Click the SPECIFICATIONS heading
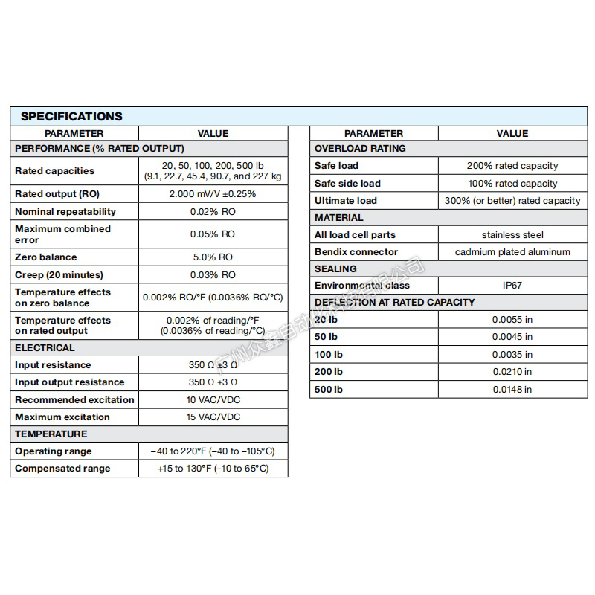pyautogui.click(x=71, y=116)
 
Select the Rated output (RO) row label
pyautogui.click(x=56, y=194)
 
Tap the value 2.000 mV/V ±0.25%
pyautogui.click(x=213, y=194)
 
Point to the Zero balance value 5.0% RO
pyautogui.click(x=213, y=257)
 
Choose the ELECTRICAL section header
pyautogui.click(x=45, y=347)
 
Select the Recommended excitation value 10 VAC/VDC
pyautogui.click(x=213, y=400)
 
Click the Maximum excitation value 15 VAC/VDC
pyautogui.click(x=213, y=417)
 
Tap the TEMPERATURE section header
pyautogui.click(x=51, y=434)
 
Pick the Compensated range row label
pyautogui.click(x=62, y=469)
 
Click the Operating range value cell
pyautogui.click(x=213, y=451)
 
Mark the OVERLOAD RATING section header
pyautogui.click(x=360, y=148)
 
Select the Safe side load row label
pyautogui.click(x=347, y=184)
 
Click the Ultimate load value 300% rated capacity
pyautogui.click(x=512, y=201)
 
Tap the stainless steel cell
pyautogui.click(x=512, y=235)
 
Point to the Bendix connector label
pyautogui.click(x=356, y=252)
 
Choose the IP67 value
pyautogui.click(x=512, y=286)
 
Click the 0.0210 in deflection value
pyautogui.click(x=512, y=372)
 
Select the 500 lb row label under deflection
pyautogui.click(x=329, y=390)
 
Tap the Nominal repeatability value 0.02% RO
pyautogui.click(x=213, y=212)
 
